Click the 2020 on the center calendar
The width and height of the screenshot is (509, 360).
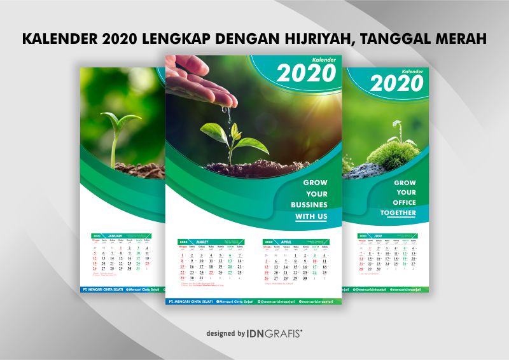coord(306,74)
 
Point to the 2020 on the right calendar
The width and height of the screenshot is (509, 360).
coord(397,83)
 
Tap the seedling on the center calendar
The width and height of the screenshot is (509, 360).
coord(225,141)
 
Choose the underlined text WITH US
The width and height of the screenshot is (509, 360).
coord(311,216)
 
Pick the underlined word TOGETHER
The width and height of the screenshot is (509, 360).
coord(398,212)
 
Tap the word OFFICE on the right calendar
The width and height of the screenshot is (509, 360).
coord(405,202)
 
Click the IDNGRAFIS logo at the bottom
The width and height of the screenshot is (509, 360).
coord(274,333)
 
